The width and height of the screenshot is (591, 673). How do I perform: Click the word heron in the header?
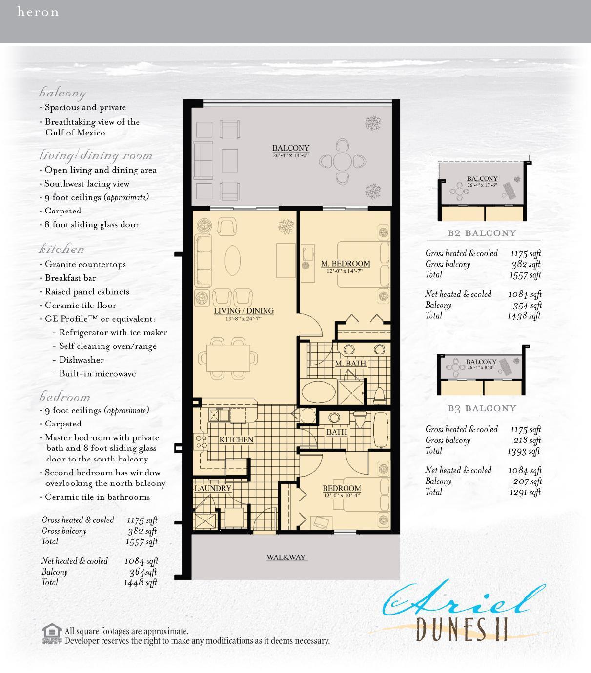(x=38, y=12)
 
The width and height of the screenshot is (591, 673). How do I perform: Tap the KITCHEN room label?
(x=236, y=440)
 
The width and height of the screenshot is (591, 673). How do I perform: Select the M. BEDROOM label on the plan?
(x=345, y=264)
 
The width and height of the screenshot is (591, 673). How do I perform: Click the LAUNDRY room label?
(x=212, y=488)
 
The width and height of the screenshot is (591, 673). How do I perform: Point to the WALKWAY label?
(x=286, y=557)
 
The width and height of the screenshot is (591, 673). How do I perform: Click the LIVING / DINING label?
(x=244, y=311)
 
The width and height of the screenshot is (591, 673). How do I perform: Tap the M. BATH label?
(x=350, y=363)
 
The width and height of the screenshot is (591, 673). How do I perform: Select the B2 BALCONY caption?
(x=482, y=233)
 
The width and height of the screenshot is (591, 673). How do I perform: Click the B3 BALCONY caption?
(x=482, y=408)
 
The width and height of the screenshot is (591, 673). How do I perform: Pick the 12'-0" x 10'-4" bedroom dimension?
(x=342, y=496)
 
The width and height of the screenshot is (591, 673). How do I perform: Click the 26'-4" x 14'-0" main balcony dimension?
(x=291, y=155)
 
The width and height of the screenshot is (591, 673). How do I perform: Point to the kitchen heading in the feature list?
(x=61, y=249)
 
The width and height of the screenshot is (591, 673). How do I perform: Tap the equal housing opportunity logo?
(x=52, y=634)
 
